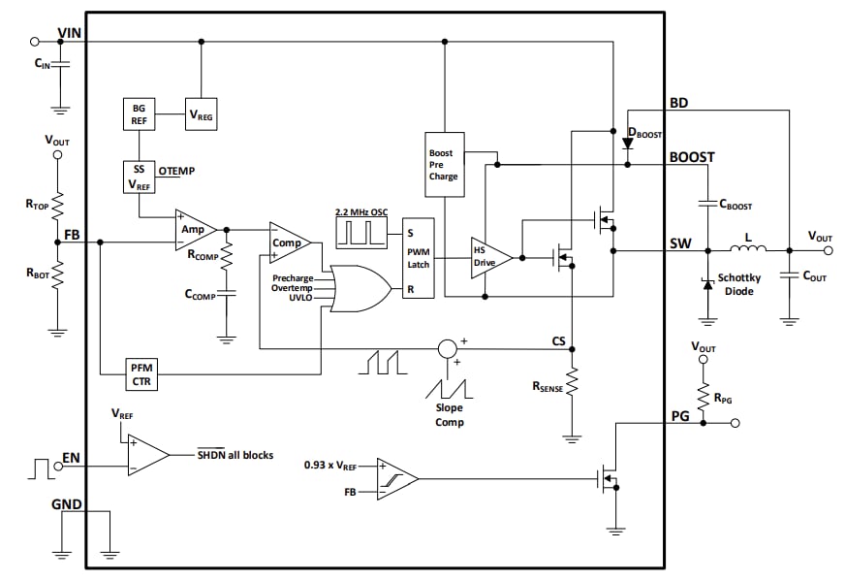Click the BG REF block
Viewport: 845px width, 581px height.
(x=138, y=113)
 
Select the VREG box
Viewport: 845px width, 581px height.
(x=202, y=114)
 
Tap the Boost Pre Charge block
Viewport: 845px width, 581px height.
(x=444, y=165)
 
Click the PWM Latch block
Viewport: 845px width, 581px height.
(x=419, y=257)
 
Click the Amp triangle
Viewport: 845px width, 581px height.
(x=194, y=229)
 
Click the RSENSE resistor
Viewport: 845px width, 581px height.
(x=572, y=382)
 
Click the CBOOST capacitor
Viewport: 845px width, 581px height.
(x=707, y=205)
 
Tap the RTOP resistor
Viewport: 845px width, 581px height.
(x=57, y=206)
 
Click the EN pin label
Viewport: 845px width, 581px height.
(x=71, y=457)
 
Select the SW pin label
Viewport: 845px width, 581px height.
(x=680, y=243)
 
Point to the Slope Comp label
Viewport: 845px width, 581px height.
(x=449, y=415)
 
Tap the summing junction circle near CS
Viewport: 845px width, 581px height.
(x=447, y=348)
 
